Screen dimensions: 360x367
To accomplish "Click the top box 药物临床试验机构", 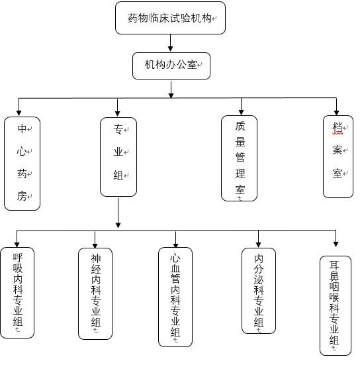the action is point(170,18).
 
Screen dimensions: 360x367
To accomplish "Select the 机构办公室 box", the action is point(171,66).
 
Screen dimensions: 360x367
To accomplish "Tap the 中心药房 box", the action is point(22,164).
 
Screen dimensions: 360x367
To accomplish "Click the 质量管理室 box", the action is point(239,158).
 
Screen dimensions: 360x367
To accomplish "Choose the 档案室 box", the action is point(338,156).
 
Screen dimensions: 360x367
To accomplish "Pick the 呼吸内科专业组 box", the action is point(17,293).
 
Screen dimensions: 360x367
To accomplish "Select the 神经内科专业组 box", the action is point(95,293).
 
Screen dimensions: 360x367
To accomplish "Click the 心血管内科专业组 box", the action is point(175,297).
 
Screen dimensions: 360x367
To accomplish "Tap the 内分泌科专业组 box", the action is point(259,290).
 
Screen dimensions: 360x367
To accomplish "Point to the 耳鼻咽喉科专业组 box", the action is point(336,305).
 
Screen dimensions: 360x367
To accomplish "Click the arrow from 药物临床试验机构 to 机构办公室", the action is point(171,43).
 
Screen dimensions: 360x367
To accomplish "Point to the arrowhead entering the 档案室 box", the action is point(336,113).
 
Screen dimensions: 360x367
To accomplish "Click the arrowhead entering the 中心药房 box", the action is point(19,113).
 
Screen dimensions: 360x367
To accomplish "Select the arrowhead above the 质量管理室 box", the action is point(242,113).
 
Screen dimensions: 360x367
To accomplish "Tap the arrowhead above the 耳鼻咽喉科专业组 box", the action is point(336,244).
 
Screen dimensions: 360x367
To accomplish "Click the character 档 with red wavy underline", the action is point(337,128).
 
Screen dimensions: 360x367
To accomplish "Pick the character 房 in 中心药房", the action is point(22,195).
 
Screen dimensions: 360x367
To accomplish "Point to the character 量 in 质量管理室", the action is point(240,141).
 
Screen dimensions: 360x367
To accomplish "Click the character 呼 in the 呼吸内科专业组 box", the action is point(18,258).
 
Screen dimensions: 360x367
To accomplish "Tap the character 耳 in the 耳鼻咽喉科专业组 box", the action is point(334,265).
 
